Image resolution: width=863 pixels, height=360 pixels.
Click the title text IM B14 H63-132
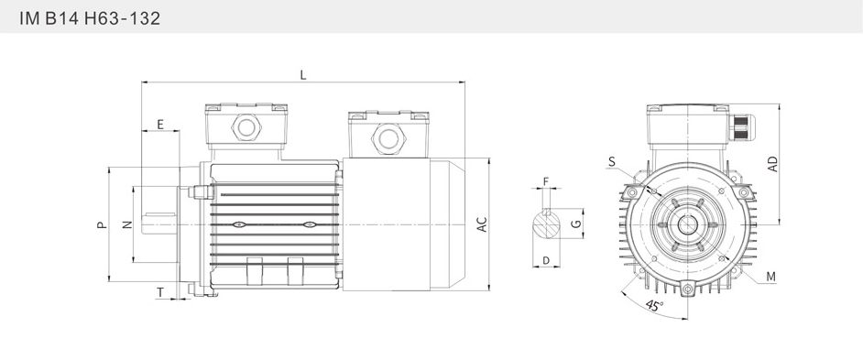[x=90, y=18]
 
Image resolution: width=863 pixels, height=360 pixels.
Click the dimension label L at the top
[x=303, y=75]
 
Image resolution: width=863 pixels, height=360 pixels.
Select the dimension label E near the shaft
[x=160, y=125]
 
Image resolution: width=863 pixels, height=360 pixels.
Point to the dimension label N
[x=127, y=224]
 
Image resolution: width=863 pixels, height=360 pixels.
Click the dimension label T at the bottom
[x=160, y=292]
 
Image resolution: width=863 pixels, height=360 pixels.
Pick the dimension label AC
[x=482, y=224]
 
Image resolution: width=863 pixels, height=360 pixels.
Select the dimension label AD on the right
[x=773, y=164]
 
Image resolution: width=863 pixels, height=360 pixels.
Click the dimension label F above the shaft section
[x=546, y=181]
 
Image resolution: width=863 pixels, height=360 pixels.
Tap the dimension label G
[x=575, y=224]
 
